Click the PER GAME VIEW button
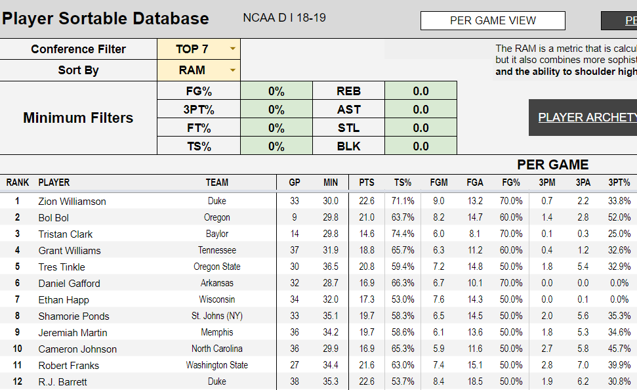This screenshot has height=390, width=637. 493,21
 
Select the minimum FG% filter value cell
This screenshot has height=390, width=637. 276,91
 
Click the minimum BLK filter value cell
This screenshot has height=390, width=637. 421,146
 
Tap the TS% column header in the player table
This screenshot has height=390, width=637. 403,183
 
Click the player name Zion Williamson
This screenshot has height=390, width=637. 72,202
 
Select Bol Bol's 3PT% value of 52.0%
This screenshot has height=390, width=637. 619,218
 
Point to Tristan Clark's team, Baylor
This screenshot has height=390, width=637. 217,234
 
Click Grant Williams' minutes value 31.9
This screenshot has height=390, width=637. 331,251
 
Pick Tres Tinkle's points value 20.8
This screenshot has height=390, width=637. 367,267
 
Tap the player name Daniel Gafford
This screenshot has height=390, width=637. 70,284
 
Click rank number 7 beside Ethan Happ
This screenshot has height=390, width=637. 18,300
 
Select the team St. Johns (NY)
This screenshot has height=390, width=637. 217,316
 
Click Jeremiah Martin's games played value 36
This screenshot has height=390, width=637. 295,333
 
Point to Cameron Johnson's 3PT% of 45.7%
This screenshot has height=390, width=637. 619,349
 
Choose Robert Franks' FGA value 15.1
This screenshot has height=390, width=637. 474,366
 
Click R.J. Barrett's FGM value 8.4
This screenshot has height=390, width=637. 439,382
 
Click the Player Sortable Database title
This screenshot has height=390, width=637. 106,19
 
